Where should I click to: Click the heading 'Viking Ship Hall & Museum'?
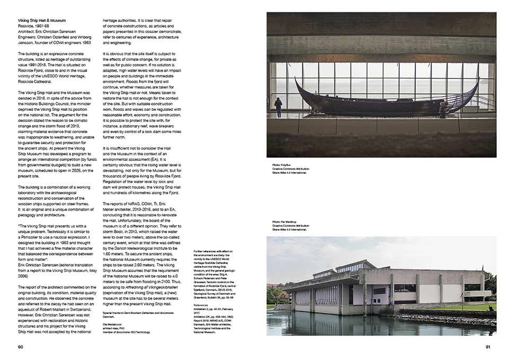pyautogui.click(x=42, y=20)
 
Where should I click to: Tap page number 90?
pyautogui.click(x=21, y=348)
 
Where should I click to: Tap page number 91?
pyautogui.click(x=489, y=348)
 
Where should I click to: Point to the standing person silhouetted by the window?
pyautogui.click(x=278, y=106)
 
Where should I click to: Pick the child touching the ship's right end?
pyautogui.click(x=442, y=109)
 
